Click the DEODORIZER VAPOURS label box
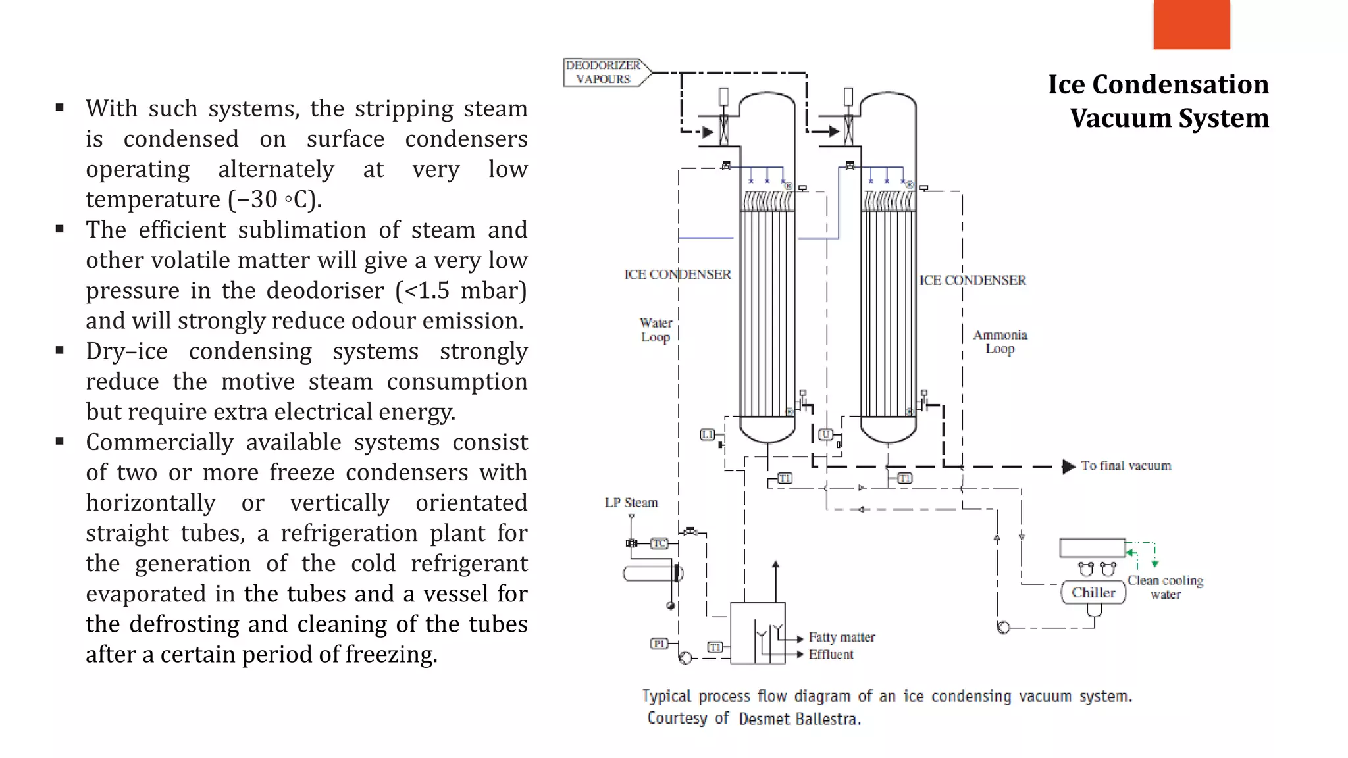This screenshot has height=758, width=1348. (x=603, y=72)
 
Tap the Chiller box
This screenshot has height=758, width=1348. (x=1093, y=592)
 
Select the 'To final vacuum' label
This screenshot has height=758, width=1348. (x=1126, y=466)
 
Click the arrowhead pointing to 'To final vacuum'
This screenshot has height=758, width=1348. (x=1068, y=467)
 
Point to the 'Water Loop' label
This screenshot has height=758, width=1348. (x=656, y=330)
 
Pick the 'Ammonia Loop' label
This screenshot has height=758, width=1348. (x=1000, y=341)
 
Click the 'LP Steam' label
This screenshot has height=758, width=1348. (x=631, y=503)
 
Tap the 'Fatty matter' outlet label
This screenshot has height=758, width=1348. (x=842, y=637)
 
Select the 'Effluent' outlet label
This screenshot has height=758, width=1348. (x=831, y=655)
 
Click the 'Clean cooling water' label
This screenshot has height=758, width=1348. (x=1165, y=587)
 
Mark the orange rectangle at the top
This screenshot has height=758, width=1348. (x=1191, y=24)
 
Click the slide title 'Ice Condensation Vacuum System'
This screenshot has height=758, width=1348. (x=1158, y=101)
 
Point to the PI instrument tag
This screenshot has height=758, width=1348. (x=659, y=644)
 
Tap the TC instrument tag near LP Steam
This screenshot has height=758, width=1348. (x=660, y=543)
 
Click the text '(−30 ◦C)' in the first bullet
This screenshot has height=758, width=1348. (x=275, y=199)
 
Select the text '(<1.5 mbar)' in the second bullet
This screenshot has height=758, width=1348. (x=461, y=290)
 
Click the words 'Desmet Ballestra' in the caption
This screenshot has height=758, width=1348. (x=799, y=719)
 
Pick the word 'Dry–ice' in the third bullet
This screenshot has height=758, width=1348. (x=126, y=351)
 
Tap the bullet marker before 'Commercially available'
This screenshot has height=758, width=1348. (x=60, y=442)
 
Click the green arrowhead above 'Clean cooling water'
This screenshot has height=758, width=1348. (x=1154, y=564)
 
